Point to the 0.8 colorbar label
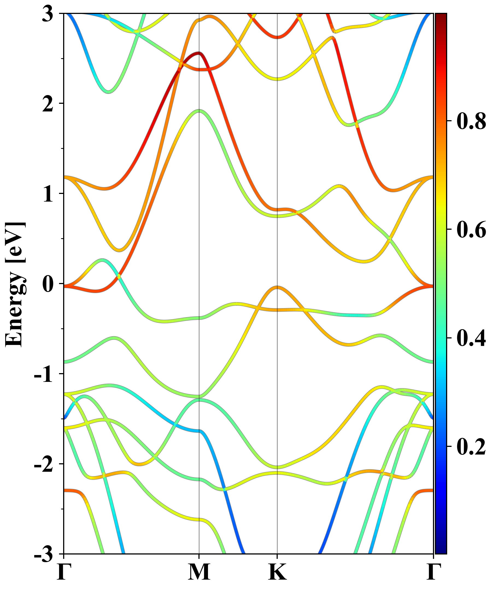(471, 121)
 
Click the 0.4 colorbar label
(471, 338)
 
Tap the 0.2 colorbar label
(471, 446)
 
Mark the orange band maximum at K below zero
(277, 287)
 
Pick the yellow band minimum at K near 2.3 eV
(277, 79)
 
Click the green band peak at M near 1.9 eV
(199, 111)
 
